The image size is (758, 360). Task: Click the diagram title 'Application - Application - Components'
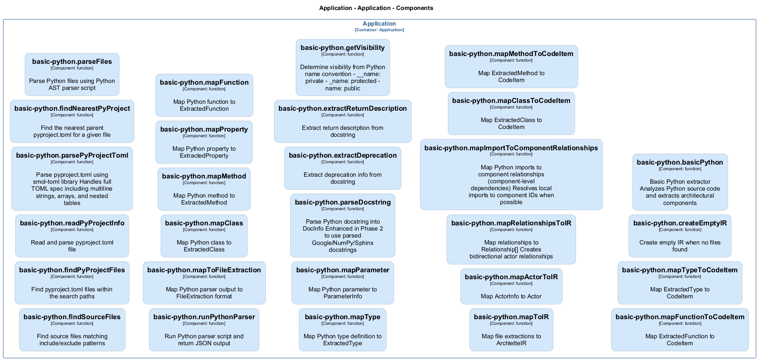(x=376, y=8)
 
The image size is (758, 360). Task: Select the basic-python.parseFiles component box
(x=72, y=74)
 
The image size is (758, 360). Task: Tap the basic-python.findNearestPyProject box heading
(x=72, y=109)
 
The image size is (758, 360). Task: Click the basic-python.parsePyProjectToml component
(x=72, y=178)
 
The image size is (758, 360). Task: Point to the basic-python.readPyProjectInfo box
(x=72, y=236)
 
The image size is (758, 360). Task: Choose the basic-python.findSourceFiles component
(x=72, y=330)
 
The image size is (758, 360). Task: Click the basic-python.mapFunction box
(x=204, y=95)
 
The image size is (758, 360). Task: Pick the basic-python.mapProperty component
(x=204, y=142)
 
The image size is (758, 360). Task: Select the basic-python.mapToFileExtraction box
(x=204, y=283)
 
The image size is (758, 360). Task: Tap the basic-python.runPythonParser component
(x=204, y=330)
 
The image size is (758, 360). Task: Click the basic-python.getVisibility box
(x=343, y=67)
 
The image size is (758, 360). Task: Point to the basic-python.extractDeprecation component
(x=343, y=168)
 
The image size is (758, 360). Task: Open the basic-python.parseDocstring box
(x=343, y=225)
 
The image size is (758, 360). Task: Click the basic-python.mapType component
(x=343, y=330)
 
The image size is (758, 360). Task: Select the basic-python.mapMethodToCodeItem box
(x=511, y=66)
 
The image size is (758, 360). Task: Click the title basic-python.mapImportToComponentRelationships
(x=511, y=148)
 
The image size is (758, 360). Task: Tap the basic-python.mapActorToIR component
(x=511, y=286)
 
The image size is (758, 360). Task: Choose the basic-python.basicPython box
(x=680, y=182)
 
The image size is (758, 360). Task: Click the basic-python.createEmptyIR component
(x=680, y=236)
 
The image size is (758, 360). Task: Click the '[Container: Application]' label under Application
(x=379, y=30)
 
